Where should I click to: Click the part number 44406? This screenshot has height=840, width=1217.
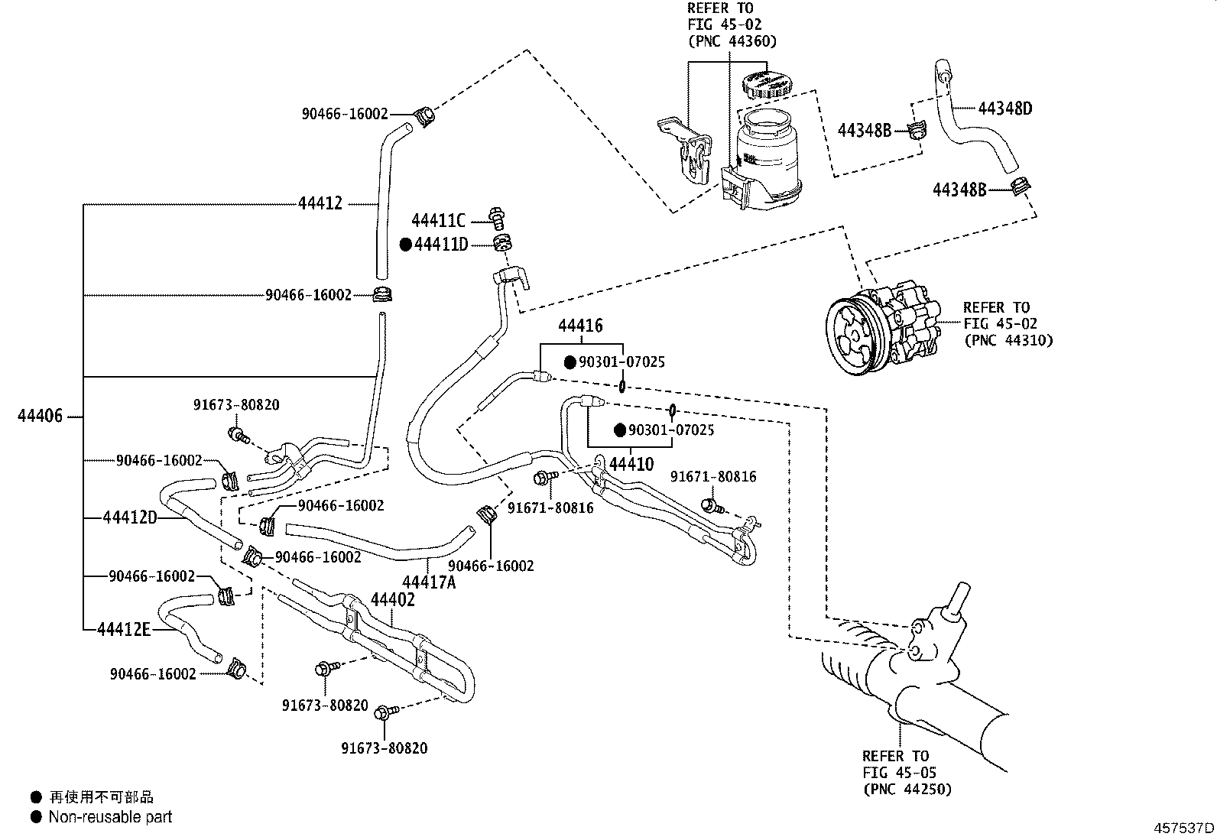40,417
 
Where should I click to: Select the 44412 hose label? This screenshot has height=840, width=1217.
320,204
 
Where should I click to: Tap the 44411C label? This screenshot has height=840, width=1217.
438,221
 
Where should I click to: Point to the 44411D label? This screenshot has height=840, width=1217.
441,245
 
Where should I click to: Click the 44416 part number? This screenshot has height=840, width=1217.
580,326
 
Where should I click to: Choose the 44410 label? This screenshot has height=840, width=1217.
631,464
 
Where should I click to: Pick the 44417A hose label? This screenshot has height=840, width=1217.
429,582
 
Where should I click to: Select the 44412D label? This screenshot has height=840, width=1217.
130,518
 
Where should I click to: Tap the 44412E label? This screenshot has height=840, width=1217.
125,629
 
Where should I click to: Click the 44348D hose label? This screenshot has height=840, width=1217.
1005,108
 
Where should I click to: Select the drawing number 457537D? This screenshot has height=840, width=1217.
1184,828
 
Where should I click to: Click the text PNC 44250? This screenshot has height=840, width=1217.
907,790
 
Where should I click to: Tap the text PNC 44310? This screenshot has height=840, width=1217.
1008,340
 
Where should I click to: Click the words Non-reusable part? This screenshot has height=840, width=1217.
110,817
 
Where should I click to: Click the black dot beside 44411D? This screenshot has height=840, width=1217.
406,245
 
